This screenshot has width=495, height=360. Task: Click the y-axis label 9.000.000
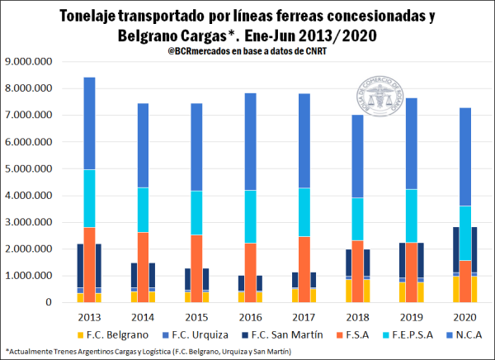pyautogui.click(x=29, y=62)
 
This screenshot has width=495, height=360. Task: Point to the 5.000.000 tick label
pyautogui.click(x=29, y=169)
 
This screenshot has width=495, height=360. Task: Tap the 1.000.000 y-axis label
pyautogui.click(x=29, y=277)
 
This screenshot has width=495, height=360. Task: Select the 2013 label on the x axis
pyautogui.click(x=89, y=317)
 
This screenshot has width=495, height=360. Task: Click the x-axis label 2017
pyautogui.click(x=302, y=317)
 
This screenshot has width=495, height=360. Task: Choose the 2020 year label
pyautogui.click(x=461, y=317)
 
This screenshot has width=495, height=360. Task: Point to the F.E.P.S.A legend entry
pyautogui.click(x=408, y=334)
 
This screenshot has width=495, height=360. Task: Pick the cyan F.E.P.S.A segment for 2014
pyautogui.click(x=142, y=211)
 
